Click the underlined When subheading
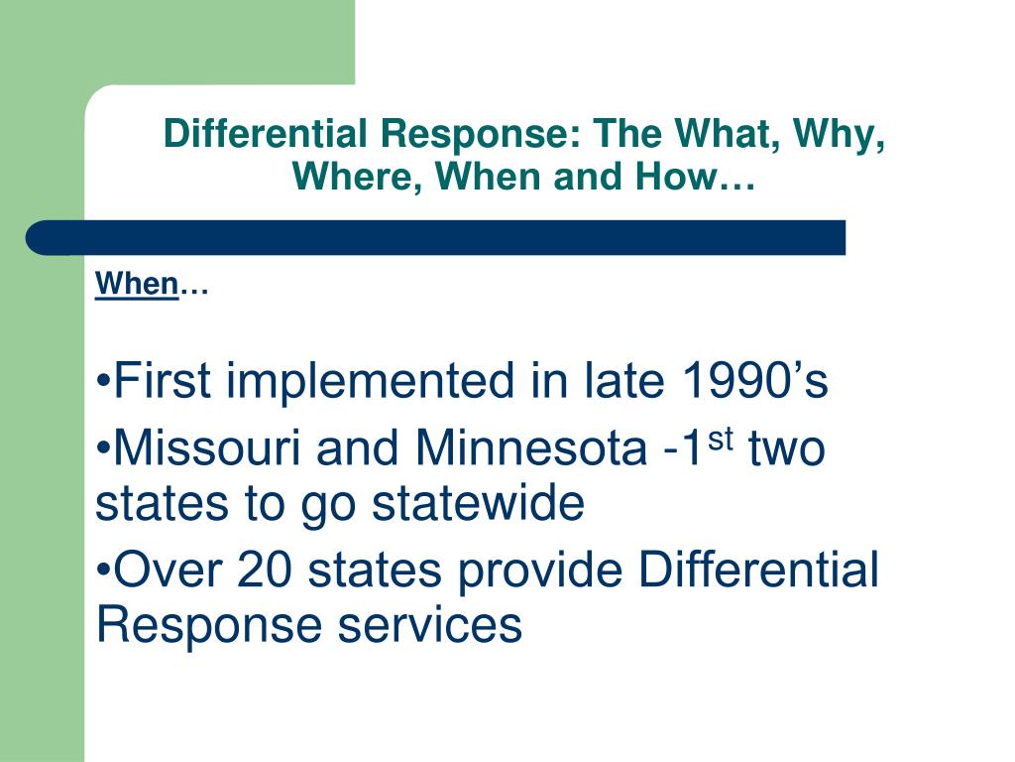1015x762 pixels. click(x=137, y=286)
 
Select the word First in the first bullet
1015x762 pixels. click(x=163, y=382)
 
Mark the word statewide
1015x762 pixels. click(x=479, y=503)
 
